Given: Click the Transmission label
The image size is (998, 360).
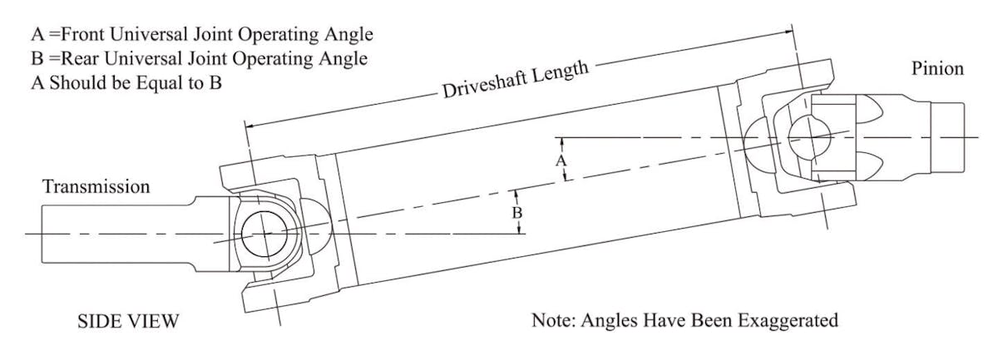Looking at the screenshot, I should [x=96, y=186].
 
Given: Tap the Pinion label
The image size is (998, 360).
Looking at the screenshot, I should [x=937, y=68].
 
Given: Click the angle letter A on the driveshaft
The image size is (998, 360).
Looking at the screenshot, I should [x=561, y=158].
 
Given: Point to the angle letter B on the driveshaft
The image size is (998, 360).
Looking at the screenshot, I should [x=516, y=213].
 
